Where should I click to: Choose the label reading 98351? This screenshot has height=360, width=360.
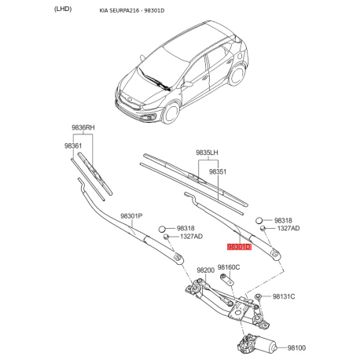point(217,171)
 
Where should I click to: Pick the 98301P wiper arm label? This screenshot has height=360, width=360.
point(131,216)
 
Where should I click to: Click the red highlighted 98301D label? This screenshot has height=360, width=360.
point(238,247)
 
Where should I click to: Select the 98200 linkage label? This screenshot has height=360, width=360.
point(205,270)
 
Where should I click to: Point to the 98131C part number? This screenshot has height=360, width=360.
point(283,296)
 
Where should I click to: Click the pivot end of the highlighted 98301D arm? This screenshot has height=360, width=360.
point(274,251)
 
